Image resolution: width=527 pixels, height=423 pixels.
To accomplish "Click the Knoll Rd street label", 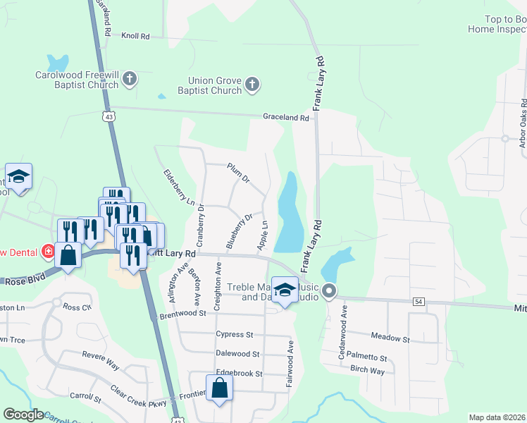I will point(136,35).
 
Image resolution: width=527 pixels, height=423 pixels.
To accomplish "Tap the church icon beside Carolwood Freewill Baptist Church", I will point(130,80).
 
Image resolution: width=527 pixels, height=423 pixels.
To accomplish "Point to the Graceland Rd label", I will point(286,118).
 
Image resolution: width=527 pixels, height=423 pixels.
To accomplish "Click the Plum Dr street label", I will point(238,173).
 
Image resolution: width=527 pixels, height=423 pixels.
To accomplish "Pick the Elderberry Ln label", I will point(178,187).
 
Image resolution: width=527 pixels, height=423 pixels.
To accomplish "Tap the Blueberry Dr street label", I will point(239,231).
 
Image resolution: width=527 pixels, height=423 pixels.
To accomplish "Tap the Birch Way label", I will point(368,371).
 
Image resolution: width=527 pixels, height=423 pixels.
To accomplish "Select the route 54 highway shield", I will point(418,301).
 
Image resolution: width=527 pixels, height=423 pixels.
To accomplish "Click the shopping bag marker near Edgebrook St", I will point(220,387).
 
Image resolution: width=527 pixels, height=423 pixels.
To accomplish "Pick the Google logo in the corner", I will point(24,415).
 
